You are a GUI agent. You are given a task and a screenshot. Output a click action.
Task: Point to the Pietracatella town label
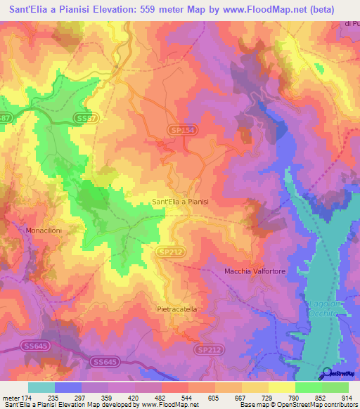tap(180, 309)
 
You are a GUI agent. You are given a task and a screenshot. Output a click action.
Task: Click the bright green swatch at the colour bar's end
tap(335, 387)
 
